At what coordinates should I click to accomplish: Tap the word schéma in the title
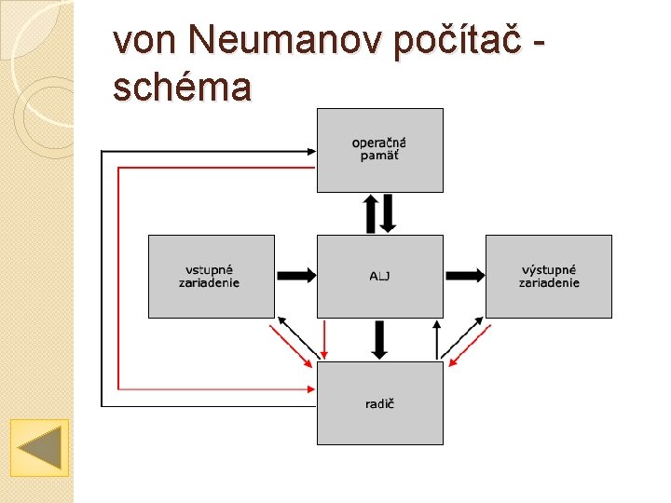point(182,88)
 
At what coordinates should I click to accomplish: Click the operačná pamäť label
point(379,149)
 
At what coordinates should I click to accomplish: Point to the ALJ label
point(379,277)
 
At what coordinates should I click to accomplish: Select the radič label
point(379,403)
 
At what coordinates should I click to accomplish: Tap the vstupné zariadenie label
point(210,277)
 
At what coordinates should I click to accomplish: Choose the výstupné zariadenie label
point(549,277)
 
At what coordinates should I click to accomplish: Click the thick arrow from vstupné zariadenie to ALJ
point(296,276)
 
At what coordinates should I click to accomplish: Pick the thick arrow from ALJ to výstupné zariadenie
point(464,276)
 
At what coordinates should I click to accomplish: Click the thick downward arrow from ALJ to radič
point(379,339)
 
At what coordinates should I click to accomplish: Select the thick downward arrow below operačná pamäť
point(388,213)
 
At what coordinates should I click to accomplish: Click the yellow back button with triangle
point(39,447)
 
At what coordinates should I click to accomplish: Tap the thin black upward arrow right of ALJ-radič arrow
point(436,339)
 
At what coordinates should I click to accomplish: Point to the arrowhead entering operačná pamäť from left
point(311,150)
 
